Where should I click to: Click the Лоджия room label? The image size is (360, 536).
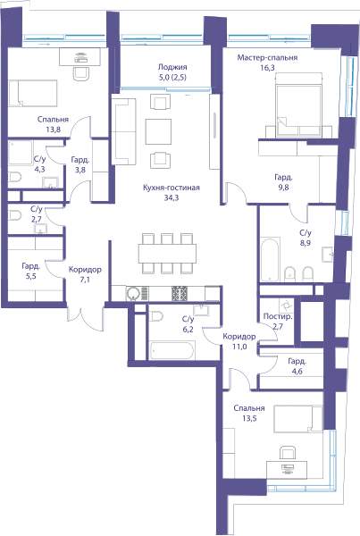(x=172, y=67)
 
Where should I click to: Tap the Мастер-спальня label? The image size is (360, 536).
(x=267, y=57)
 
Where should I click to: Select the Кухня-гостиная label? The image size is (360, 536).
(x=172, y=188)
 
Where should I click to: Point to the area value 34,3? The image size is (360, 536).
(x=172, y=197)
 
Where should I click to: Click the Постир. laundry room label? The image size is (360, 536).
(x=278, y=316)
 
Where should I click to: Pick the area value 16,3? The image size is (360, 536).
(x=267, y=68)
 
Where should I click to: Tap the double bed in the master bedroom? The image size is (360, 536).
(x=299, y=105)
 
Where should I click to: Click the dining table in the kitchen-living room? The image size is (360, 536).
(x=167, y=254)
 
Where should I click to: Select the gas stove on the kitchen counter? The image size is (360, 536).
(x=180, y=293)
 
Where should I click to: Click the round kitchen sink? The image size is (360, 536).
(x=133, y=294)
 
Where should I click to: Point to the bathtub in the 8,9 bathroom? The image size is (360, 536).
(x=270, y=259)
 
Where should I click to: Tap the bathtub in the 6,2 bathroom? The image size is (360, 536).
(x=172, y=350)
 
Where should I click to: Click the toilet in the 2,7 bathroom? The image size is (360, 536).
(x=14, y=215)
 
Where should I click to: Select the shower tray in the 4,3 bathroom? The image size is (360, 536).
(x=21, y=153)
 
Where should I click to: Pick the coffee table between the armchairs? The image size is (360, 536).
(x=158, y=131)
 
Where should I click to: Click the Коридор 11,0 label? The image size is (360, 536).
(x=239, y=341)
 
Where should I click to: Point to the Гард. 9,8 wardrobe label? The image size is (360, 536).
(x=284, y=182)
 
